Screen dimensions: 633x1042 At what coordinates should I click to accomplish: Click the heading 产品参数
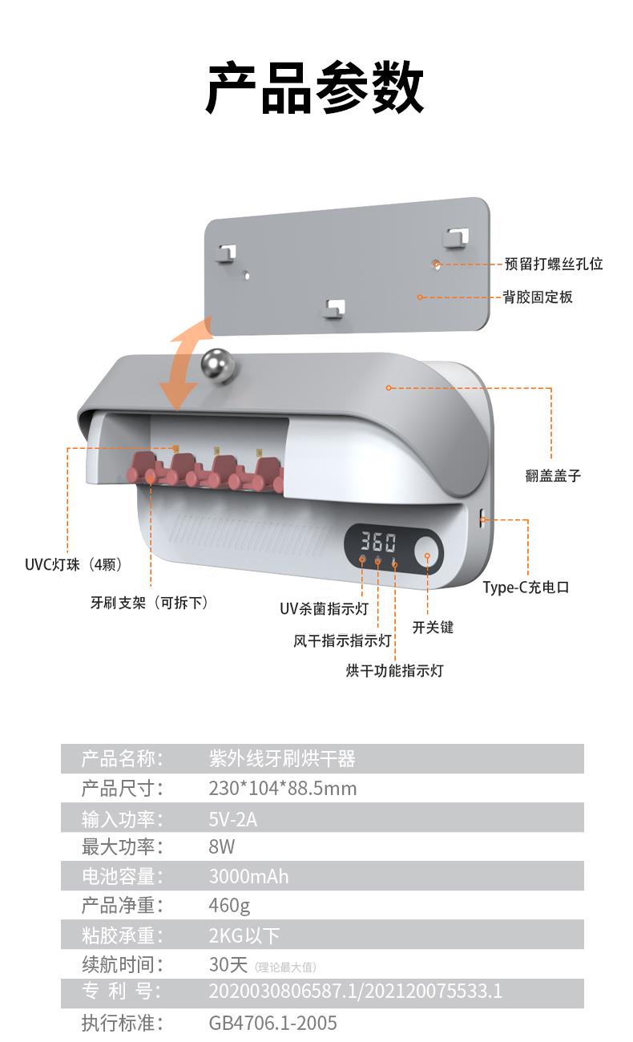[x=315, y=88]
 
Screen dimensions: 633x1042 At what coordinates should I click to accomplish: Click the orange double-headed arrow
[x=185, y=363]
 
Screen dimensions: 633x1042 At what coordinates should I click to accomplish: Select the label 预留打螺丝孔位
[x=554, y=264]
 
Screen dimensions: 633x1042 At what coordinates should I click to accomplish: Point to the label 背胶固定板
[x=538, y=297]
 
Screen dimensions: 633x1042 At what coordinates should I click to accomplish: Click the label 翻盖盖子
[x=553, y=475]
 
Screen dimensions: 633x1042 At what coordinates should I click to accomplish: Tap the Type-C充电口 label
[x=526, y=587]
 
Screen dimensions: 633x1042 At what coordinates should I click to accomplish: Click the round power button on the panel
[x=427, y=555]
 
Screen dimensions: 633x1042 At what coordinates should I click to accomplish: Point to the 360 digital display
[x=378, y=542]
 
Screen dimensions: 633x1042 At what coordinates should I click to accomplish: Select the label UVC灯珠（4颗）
[x=74, y=565]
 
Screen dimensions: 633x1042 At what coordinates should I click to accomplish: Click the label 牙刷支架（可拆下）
[x=150, y=603]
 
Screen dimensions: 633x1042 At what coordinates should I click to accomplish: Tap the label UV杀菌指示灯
[x=324, y=608]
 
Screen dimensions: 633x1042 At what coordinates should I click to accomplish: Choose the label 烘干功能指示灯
[x=394, y=670]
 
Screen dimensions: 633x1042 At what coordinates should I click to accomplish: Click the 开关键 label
[x=433, y=627]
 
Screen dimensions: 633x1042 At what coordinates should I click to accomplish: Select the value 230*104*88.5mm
[x=283, y=789]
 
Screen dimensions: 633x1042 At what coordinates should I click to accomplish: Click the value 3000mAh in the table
[x=249, y=876]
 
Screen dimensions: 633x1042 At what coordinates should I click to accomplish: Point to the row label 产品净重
[x=118, y=905]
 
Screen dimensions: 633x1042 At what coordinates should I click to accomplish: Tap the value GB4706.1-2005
[x=272, y=1023]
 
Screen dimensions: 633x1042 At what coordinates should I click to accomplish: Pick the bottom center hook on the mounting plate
[x=334, y=308]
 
